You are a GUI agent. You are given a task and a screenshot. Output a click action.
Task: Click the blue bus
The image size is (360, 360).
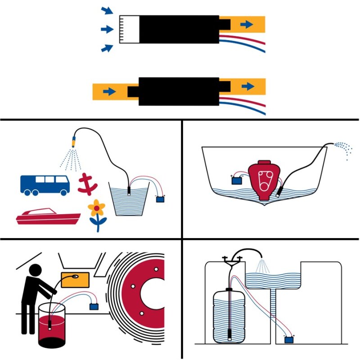pos(45,184)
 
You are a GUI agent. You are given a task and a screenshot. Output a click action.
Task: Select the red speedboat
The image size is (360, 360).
pos(47,216)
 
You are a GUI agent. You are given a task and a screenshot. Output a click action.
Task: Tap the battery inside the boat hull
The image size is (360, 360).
pos(236,180)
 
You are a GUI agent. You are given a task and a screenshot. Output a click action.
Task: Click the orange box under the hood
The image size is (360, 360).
pos(75,279)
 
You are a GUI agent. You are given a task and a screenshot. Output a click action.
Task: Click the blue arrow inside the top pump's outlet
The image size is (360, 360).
pos(247,24)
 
